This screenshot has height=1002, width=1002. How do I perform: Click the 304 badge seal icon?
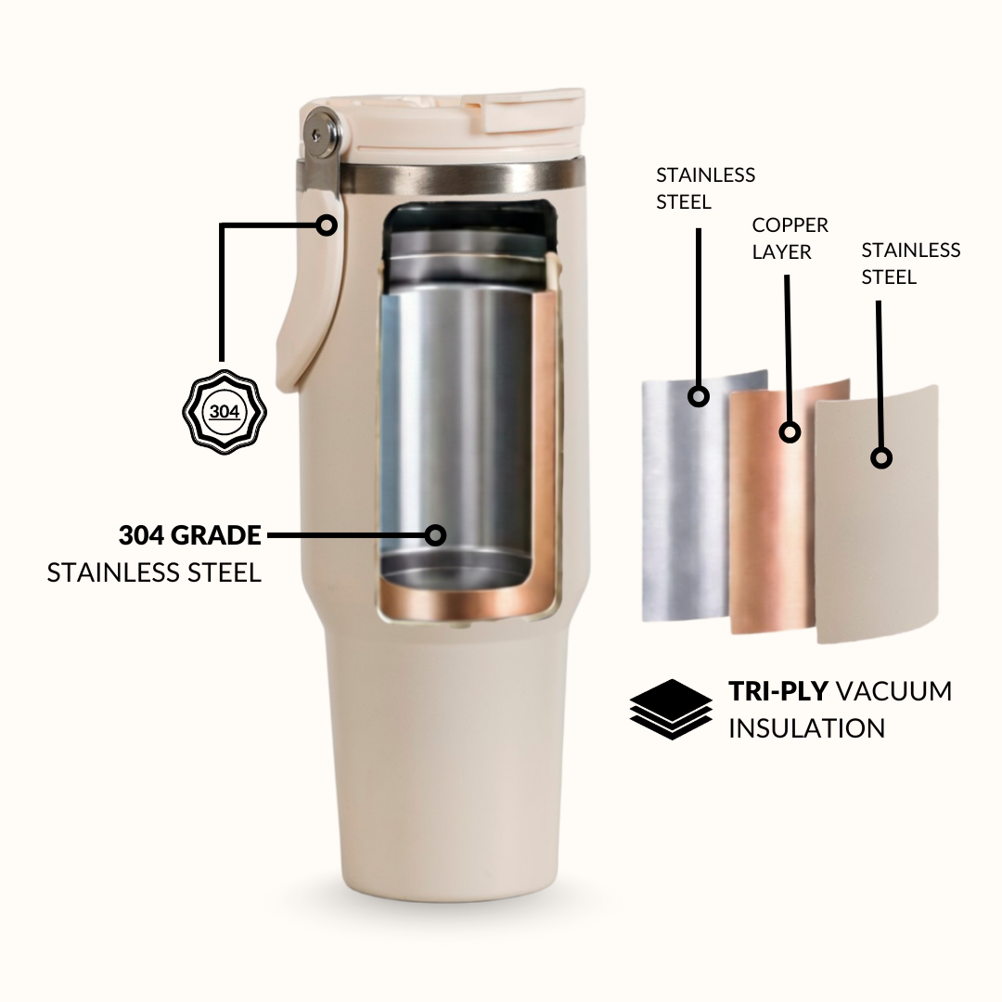click(225, 412)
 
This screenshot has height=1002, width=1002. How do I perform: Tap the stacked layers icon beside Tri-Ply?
click(671, 710)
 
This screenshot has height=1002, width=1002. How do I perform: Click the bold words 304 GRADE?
click(190, 535)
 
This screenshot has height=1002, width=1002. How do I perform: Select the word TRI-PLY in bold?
click(778, 691)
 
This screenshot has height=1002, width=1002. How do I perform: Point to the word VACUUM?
click(894, 691)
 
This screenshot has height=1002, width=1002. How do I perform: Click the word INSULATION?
click(807, 728)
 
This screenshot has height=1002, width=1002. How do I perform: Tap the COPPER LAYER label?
click(790, 238)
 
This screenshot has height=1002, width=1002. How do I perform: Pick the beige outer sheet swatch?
click(878, 514)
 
